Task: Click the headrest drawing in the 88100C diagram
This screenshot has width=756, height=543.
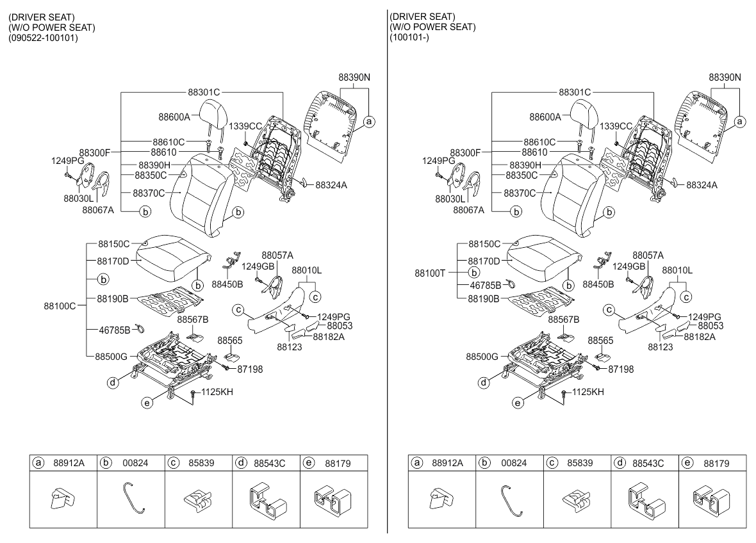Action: (x=212, y=115)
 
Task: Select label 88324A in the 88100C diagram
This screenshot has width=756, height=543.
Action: (x=331, y=185)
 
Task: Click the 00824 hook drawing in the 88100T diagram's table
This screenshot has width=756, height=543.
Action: (x=511, y=499)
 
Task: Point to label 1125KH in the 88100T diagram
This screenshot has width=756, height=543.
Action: (x=588, y=391)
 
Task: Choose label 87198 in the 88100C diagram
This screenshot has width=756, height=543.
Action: (x=250, y=369)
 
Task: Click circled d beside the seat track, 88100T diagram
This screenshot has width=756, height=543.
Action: (x=484, y=383)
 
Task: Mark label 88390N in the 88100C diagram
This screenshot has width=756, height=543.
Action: (x=354, y=77)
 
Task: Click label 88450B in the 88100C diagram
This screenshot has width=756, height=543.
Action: (x=227, y=283)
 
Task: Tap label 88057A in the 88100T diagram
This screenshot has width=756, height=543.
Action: (x=648, y=255)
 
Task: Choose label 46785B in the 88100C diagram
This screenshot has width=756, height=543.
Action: (x=113, y=330)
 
